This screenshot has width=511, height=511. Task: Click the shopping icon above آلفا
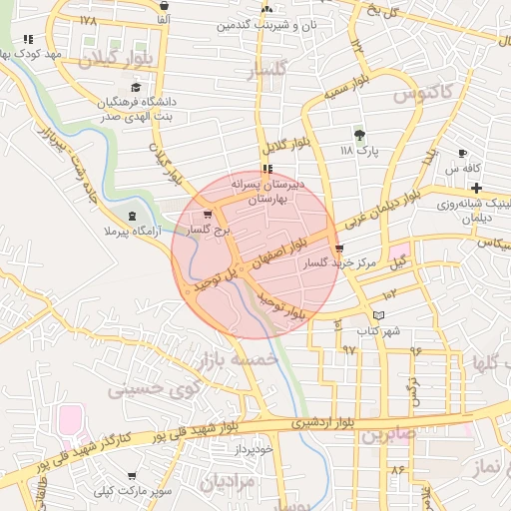(163, 4)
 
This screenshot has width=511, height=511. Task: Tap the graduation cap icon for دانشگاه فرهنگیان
(135, 87)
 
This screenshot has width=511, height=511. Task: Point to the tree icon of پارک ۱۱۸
(359, 135)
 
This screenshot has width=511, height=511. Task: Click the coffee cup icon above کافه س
(462, 153)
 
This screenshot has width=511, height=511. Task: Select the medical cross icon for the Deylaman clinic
(478, 188)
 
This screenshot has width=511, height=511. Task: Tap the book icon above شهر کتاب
(377, 315)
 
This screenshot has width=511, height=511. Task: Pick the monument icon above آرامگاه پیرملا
(134, 217)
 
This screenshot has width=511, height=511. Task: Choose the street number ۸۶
(399, 469)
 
